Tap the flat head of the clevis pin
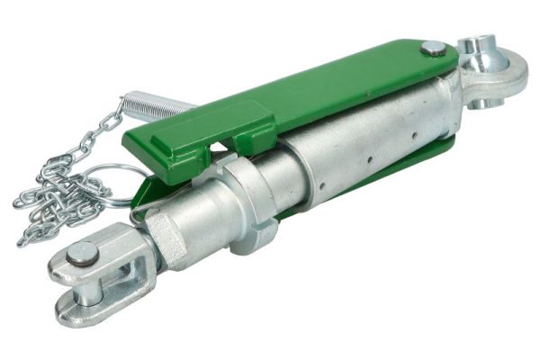(x=83, y=256)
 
